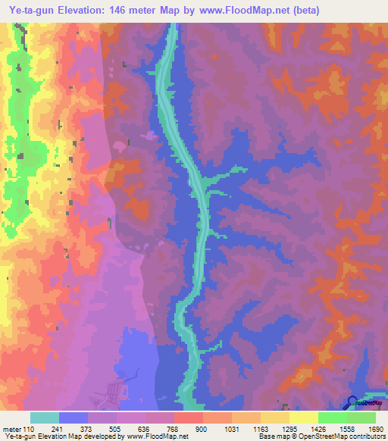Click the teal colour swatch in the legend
[45, 418]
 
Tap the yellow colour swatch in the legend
[303, 418]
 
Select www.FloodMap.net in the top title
[244, 10]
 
